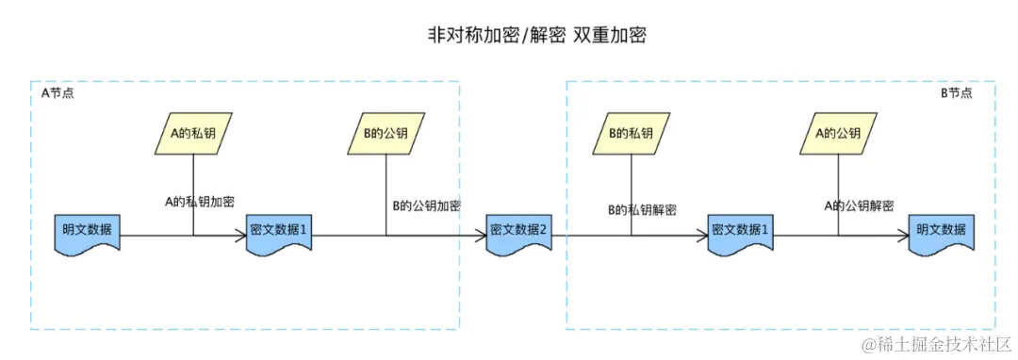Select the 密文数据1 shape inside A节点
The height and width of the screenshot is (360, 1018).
pos(279,232)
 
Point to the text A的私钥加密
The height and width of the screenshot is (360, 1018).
pos(200,201)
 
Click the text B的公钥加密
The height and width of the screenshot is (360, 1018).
pos(426,205)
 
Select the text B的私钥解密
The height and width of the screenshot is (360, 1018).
pos(641,209)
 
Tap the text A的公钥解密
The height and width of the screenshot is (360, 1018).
pos(859,205)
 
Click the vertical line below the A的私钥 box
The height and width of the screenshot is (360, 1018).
pos(193,174)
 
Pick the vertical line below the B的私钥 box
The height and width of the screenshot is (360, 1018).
pos(631,179)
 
